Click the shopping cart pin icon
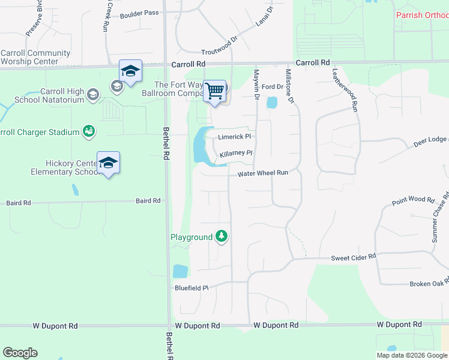pos(214,91)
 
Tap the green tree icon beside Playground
pos(222,237)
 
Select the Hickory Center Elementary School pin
pos(108,163)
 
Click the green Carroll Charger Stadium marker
pos(89,131)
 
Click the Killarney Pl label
pos(236,154)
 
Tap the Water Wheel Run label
pos(263,173)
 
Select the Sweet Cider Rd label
pos(354,257)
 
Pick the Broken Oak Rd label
pos(429,284)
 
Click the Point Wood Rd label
pos(413,200)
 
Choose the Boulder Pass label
pos(139,14)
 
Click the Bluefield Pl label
pos(191,287)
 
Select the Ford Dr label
pos(272,86)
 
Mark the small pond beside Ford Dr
pos(272,103)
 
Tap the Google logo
pos(20,353)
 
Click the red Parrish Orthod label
pos(421,14)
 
